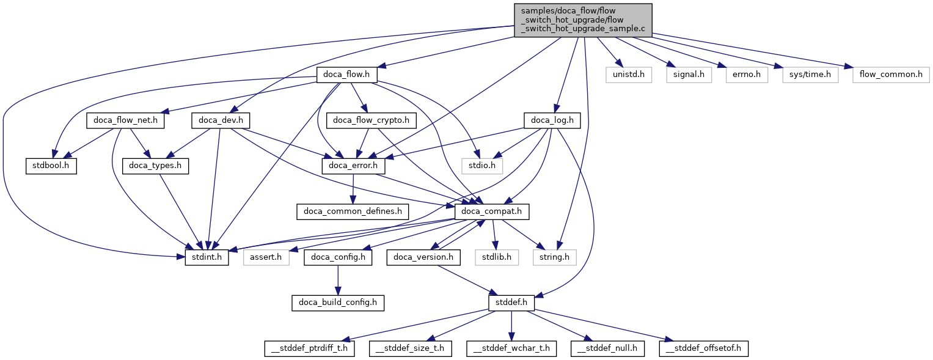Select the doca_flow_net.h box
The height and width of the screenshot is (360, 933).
point(125,121)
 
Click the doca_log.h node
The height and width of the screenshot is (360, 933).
point(552,121)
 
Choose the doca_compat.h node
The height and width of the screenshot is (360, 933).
point(492,212)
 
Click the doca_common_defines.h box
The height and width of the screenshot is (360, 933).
point(353,212)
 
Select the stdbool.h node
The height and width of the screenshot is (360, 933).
point(51,166)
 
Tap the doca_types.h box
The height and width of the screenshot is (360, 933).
point(155,166)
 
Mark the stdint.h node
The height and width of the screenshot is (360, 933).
point(207,257)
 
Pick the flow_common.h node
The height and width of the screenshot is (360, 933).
point(891,75)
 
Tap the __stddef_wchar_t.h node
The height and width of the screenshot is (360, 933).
point(511,348)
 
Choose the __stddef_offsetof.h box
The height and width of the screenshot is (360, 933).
point(703,348)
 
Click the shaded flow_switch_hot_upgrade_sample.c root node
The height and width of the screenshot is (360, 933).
point(583,20)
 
